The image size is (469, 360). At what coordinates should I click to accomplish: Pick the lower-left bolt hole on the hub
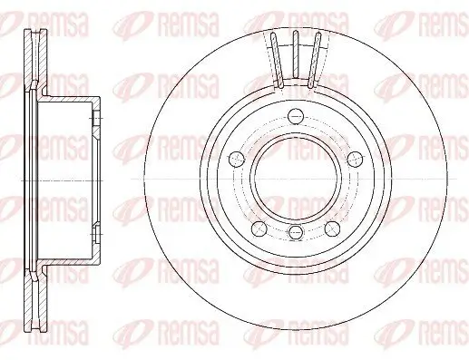(259, 226)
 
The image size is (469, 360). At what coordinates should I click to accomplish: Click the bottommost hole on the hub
(294, 234)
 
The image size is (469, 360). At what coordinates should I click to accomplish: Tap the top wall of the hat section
(68, 96)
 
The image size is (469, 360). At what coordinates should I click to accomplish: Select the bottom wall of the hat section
(68, 260)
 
